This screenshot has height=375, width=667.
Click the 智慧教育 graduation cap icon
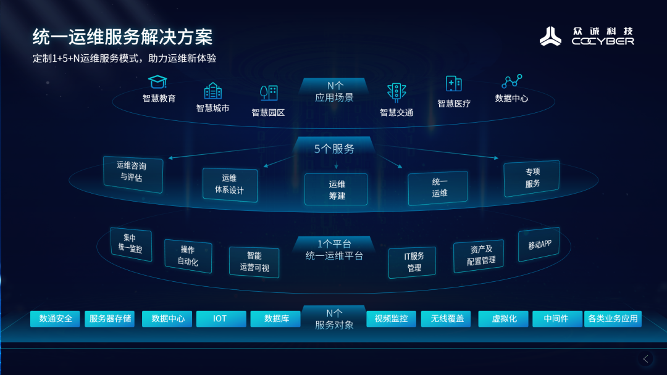[157, 81]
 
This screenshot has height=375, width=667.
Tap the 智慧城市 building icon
[212, 91]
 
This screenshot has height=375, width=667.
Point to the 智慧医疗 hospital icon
[453, 84]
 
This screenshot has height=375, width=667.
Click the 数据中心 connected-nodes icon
[512, 81]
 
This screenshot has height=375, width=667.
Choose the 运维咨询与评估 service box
[133, 174]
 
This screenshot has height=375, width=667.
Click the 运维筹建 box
[336, 189]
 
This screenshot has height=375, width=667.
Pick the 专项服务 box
[532, 178]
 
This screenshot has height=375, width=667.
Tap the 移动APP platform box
[539, 245]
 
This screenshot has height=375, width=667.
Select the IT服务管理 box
[413, 262]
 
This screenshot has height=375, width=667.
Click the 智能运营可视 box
[254, 262]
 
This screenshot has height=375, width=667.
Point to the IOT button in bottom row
[221, 318]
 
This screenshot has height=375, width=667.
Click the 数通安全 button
[56, 318]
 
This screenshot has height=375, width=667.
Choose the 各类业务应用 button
[613, 318]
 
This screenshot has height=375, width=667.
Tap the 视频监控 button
[392, 318]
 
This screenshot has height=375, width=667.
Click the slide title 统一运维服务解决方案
[122, 37]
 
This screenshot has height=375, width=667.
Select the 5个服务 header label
[334, 149]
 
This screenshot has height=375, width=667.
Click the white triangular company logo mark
[550, 36]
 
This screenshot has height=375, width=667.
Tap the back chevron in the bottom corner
[646, 359]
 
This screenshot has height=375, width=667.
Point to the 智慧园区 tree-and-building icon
[269, 93]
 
